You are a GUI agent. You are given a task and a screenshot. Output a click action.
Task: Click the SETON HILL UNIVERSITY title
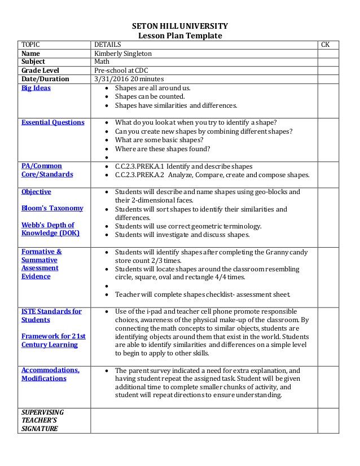[x=179, y=26]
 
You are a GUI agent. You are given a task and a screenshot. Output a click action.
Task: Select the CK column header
[x=326, y=45]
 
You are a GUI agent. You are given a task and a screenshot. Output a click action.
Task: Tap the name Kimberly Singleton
[x=123, y=54]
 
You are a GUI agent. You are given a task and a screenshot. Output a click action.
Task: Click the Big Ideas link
[x=36, y=88]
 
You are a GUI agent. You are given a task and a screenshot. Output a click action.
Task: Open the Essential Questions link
[x=52, y=122]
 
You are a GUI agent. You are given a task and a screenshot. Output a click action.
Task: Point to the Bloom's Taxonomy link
[x=52, y=208]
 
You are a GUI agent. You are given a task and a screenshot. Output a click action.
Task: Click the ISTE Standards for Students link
[x=51, y=315]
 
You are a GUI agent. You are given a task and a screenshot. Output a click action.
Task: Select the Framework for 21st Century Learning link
[x=53, y=340]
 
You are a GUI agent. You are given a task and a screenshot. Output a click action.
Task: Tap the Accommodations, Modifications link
[x=50, y=374]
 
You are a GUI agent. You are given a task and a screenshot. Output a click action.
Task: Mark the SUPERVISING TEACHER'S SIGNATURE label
[x=42, y=420]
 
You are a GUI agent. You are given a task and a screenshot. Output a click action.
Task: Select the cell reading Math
[x=102, y=62]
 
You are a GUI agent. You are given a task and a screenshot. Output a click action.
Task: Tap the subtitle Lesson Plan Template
[x=180, y=36]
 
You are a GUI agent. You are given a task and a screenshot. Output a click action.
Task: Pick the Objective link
[x=36, y=192]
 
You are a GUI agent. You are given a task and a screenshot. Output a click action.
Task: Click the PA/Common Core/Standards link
[x=47, y=170]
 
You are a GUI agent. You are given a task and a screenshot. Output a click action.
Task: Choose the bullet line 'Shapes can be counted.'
[x=150, y=96]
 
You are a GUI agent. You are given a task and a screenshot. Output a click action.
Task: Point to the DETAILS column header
[x=107, y=45]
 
